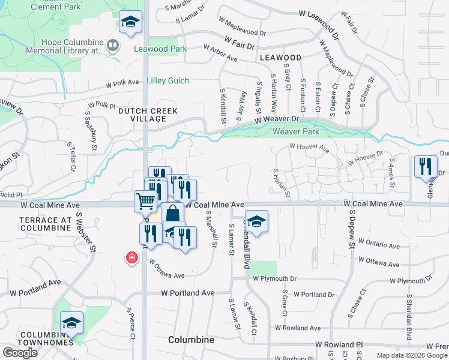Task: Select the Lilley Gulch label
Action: [168, 80]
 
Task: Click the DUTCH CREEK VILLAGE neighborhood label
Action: [142, 115]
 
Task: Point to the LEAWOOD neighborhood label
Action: [281, 57]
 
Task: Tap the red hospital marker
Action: [131, 259]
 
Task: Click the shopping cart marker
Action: [145, 202]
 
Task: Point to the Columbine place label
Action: [191, 340]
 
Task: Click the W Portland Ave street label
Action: [188, 293]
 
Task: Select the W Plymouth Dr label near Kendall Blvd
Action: [274, 279]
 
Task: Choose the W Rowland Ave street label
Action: [298, 328]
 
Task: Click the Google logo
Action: [20, 353]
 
